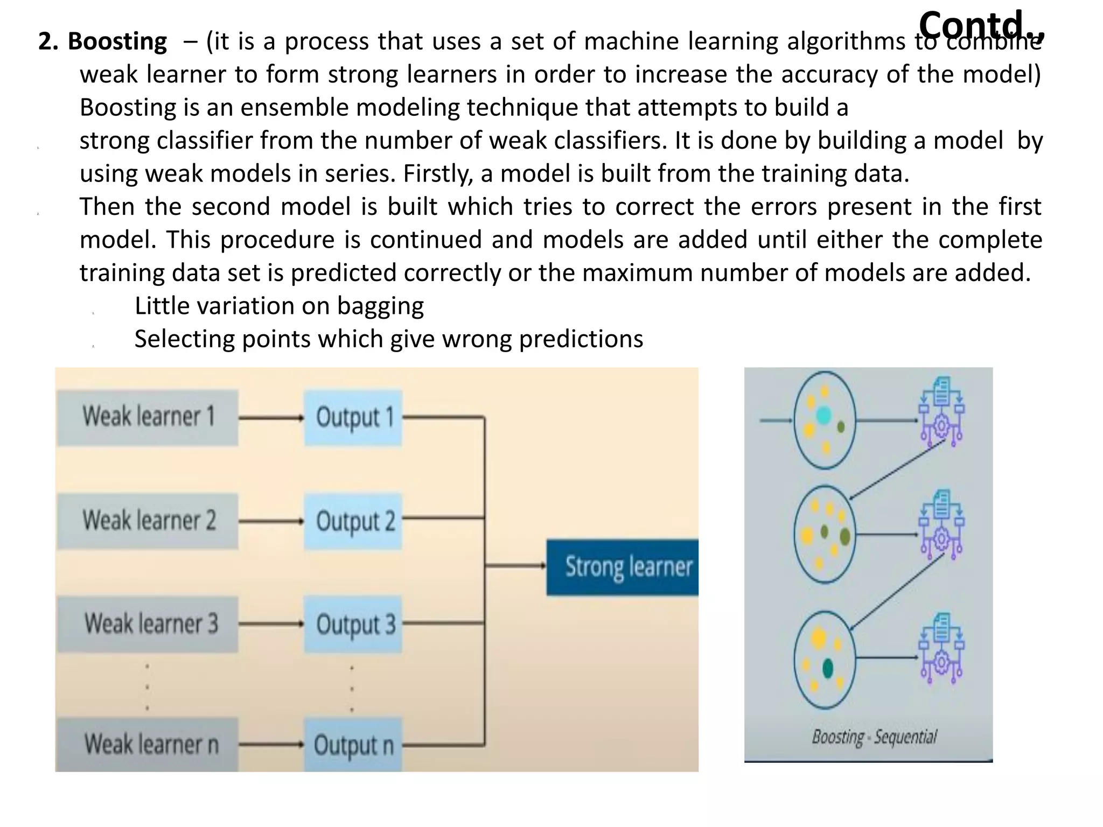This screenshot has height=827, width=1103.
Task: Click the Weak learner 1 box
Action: [148, 417]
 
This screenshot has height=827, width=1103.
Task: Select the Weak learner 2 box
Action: [148, 521]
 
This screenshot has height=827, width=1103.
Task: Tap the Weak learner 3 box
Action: [148, 624]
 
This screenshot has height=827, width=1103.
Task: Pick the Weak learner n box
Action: [148, 745]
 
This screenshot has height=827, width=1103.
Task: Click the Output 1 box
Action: [353, 417]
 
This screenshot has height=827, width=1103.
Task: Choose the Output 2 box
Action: [353, 521]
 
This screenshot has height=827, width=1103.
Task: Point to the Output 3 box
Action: [353, 624]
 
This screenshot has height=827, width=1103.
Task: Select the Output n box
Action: [353, 745]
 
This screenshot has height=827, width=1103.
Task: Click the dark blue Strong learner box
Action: [623, 567]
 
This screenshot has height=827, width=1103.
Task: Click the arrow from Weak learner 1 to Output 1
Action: [271, 417]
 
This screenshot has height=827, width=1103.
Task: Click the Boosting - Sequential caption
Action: [874, 737]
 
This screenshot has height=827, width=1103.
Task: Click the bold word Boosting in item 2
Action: [117, 41]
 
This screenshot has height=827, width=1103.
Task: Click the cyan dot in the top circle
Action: [823, 415]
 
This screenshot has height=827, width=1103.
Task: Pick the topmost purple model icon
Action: [941, 412]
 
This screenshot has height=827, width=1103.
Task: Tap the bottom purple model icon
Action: [941, 648]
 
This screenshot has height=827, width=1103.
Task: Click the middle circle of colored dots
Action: [824, 534]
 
